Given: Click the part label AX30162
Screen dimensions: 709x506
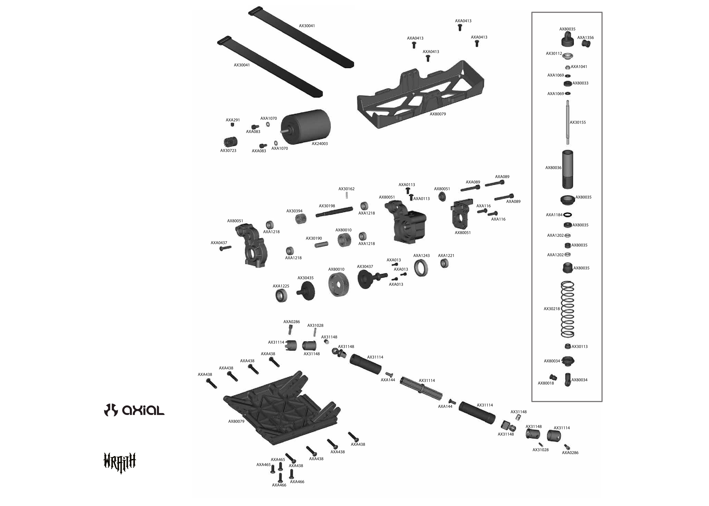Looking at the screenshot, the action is pos(346,189).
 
